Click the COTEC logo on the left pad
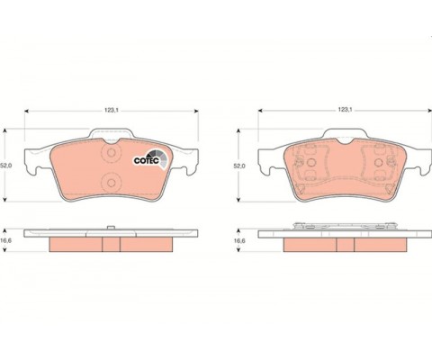[150, 159]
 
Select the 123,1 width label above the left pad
[112, 111]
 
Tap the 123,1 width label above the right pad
[345, 110]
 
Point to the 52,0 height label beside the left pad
[5, 166]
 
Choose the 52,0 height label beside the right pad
[239, 166]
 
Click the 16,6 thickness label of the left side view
[6, 241]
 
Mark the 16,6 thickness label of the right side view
[239, 241]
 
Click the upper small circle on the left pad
[112, 153]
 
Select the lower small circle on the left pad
[112, 183]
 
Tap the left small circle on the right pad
[311, 163]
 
